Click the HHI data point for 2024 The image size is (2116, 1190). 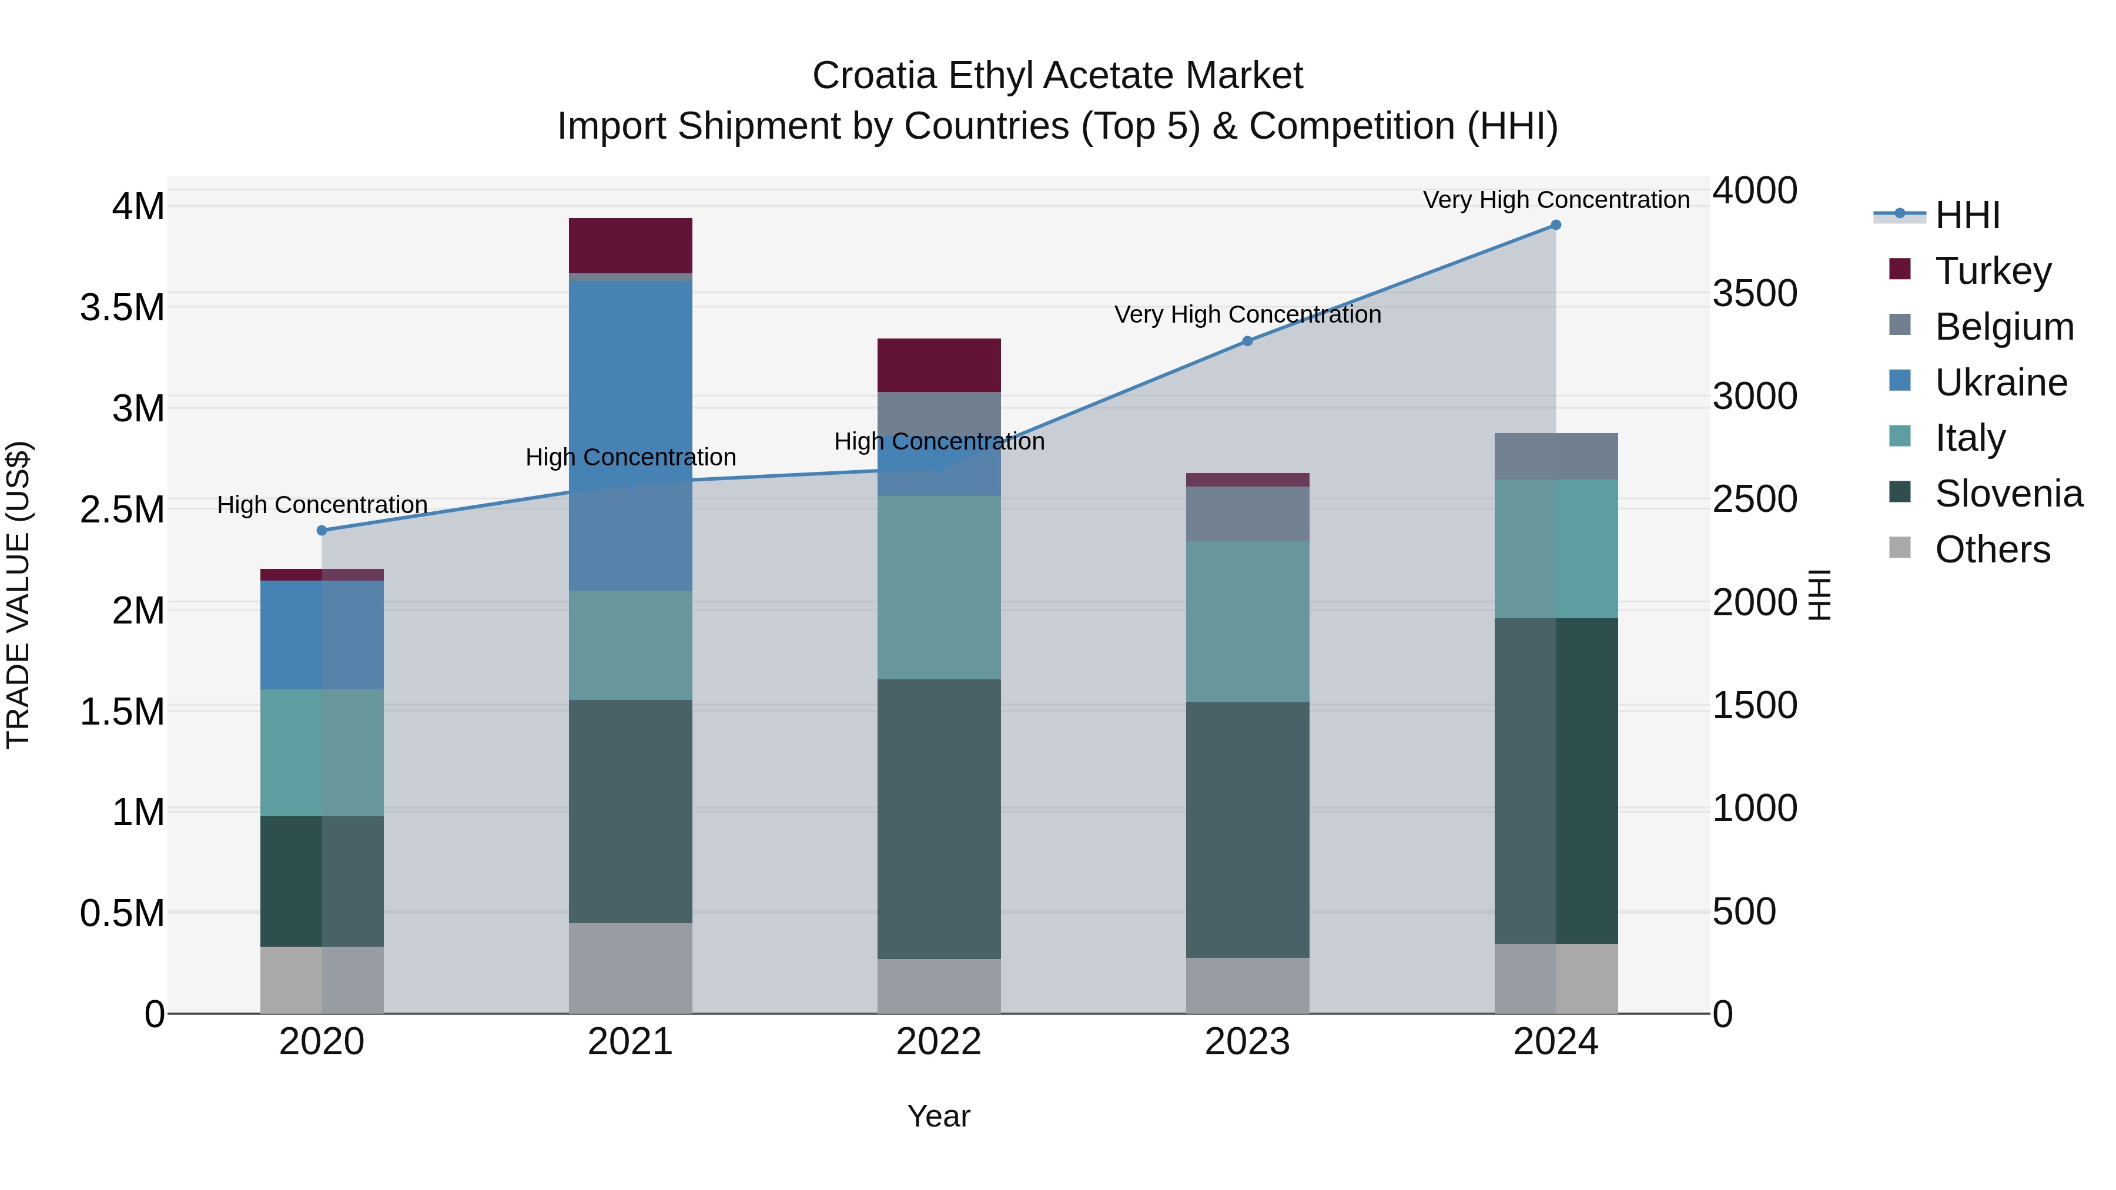tap(1556, 225)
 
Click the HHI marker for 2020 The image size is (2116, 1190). tap(322, 531)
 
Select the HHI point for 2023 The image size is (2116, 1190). tap(1247, 341)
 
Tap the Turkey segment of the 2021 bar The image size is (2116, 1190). tap(630, 246)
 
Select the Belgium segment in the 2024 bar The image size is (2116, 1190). tap(1556, 457)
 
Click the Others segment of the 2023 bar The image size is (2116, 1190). tap(1247, 985)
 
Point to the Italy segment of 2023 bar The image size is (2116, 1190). tap(1247, 621)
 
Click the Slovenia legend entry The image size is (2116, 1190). tap(2008, 494)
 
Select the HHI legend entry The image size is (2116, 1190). tap(1967, 215)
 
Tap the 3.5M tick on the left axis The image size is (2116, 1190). tap(122, 308)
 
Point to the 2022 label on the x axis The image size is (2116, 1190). tap(939, 1042)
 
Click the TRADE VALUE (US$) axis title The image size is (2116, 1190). tap(18, 595)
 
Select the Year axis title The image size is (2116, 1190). tap(939, 1116)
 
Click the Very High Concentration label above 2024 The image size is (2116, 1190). tap(1556, 200)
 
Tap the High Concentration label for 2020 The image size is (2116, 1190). tap(322, 504)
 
